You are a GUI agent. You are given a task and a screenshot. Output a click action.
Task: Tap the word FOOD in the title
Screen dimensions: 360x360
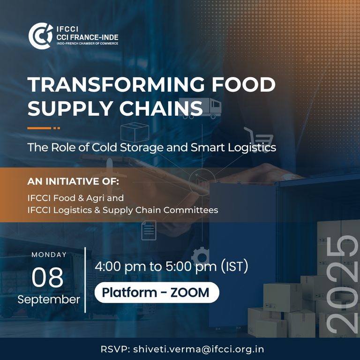click(x=244, y=84)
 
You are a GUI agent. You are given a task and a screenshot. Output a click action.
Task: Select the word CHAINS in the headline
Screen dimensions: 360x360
click(x=161, y=108)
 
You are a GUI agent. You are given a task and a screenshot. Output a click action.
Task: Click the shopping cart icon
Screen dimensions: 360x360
click(x=259, y=139)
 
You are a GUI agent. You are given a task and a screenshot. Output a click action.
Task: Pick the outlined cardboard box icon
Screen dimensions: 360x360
click(x=135, y=132)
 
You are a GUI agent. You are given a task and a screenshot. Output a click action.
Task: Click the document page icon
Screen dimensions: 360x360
click(x=149, y=230)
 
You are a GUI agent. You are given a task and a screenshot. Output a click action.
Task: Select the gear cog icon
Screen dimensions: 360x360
click(x=200, y=256)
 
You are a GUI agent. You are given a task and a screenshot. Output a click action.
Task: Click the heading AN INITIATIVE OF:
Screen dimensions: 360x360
click(x=73, y=181)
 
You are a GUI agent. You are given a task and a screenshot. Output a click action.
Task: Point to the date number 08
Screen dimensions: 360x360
click(x=47, y=277)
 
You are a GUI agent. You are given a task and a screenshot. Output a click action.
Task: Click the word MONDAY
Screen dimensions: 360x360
click(x=49, y=255)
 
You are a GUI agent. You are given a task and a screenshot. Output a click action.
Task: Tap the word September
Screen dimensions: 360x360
click(x=49, y=300)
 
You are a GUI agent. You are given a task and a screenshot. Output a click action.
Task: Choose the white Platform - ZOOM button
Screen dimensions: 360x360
click(x=157, y=292)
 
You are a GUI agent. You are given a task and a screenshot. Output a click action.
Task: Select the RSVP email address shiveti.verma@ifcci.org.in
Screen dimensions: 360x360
click(x=199, y=349)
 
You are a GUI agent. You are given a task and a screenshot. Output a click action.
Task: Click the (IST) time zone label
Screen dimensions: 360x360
click(x=234, y=266)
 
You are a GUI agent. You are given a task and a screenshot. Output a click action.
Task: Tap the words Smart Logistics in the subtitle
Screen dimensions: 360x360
click(x=233, y=148)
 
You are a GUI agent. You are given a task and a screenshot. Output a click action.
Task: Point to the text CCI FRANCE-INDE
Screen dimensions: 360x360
click(x=87, y=37)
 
